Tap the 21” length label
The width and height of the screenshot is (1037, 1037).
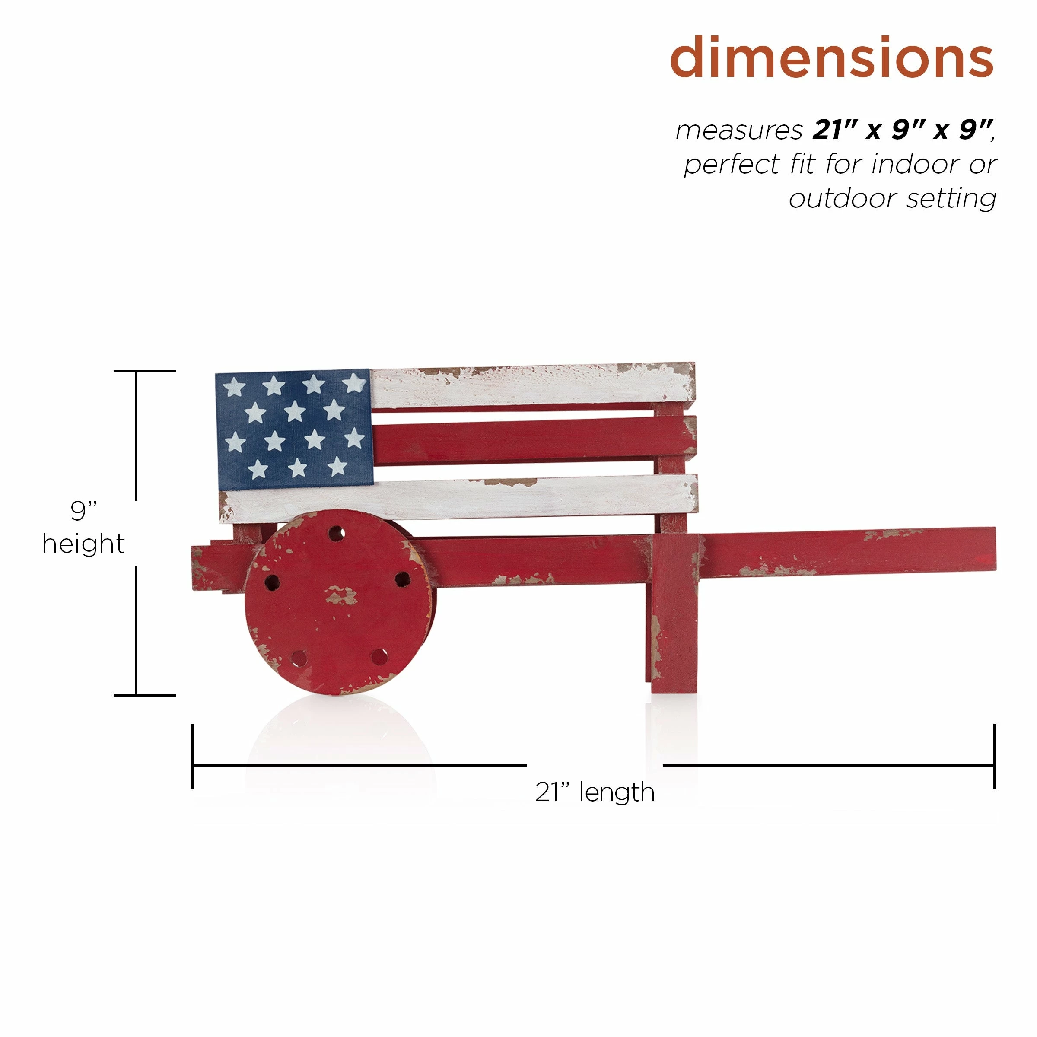[595, 792]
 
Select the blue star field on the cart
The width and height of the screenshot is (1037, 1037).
[294, 429]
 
